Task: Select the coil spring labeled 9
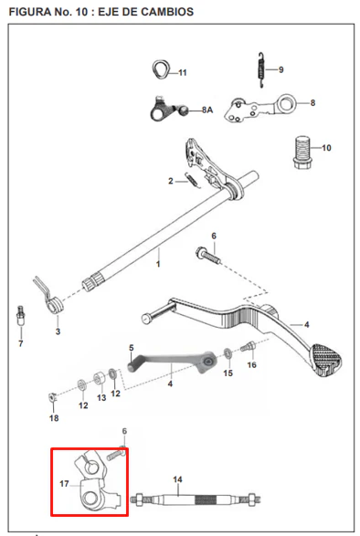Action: [x=260, y=70]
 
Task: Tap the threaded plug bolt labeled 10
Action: [x=302, y=152]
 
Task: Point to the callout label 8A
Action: [x=207, y=110]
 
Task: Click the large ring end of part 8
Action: [x=286, y=103]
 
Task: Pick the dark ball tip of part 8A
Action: [x=184, y=110]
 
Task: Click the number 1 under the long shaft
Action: [x=158, y=264]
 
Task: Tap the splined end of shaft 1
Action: [x=92, y=282]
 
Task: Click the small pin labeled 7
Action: [x=21, y=316]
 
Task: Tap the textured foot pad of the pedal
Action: [x=325, y=359]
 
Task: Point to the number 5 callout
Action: [x=132, y=348]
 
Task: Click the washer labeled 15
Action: [x=228, y=353]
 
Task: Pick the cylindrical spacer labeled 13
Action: [x=100, y=378]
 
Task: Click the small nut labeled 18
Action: [x=52, y=397]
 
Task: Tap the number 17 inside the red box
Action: [x=64, y=484]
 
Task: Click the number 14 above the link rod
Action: [x=177, y=479]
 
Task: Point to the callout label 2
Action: [x=171, y=181]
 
